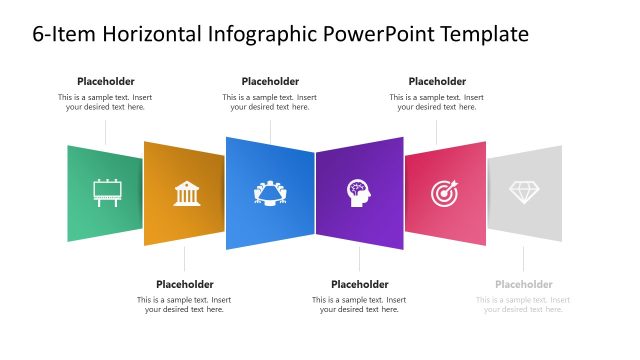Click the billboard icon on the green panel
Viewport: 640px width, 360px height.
click(106, 192)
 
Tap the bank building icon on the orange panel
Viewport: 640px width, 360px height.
click(186, 193)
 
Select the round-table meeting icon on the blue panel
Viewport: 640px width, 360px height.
click(269, 192)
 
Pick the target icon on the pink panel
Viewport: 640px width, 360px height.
click(444, 192)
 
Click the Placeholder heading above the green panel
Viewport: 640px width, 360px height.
click(106, 81)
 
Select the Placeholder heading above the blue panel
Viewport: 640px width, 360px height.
click(270, 81)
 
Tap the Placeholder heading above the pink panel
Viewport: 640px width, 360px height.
click(437, 81)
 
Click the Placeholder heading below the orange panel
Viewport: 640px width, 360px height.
click(185, 284)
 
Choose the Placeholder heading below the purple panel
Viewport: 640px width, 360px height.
click(359, 284)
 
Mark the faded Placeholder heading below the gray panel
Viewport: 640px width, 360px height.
click(524, 284)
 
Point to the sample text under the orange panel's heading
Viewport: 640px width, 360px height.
click(185, 304)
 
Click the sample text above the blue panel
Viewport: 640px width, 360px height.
click(270, 102)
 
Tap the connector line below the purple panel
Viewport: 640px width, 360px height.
click(359, 260)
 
